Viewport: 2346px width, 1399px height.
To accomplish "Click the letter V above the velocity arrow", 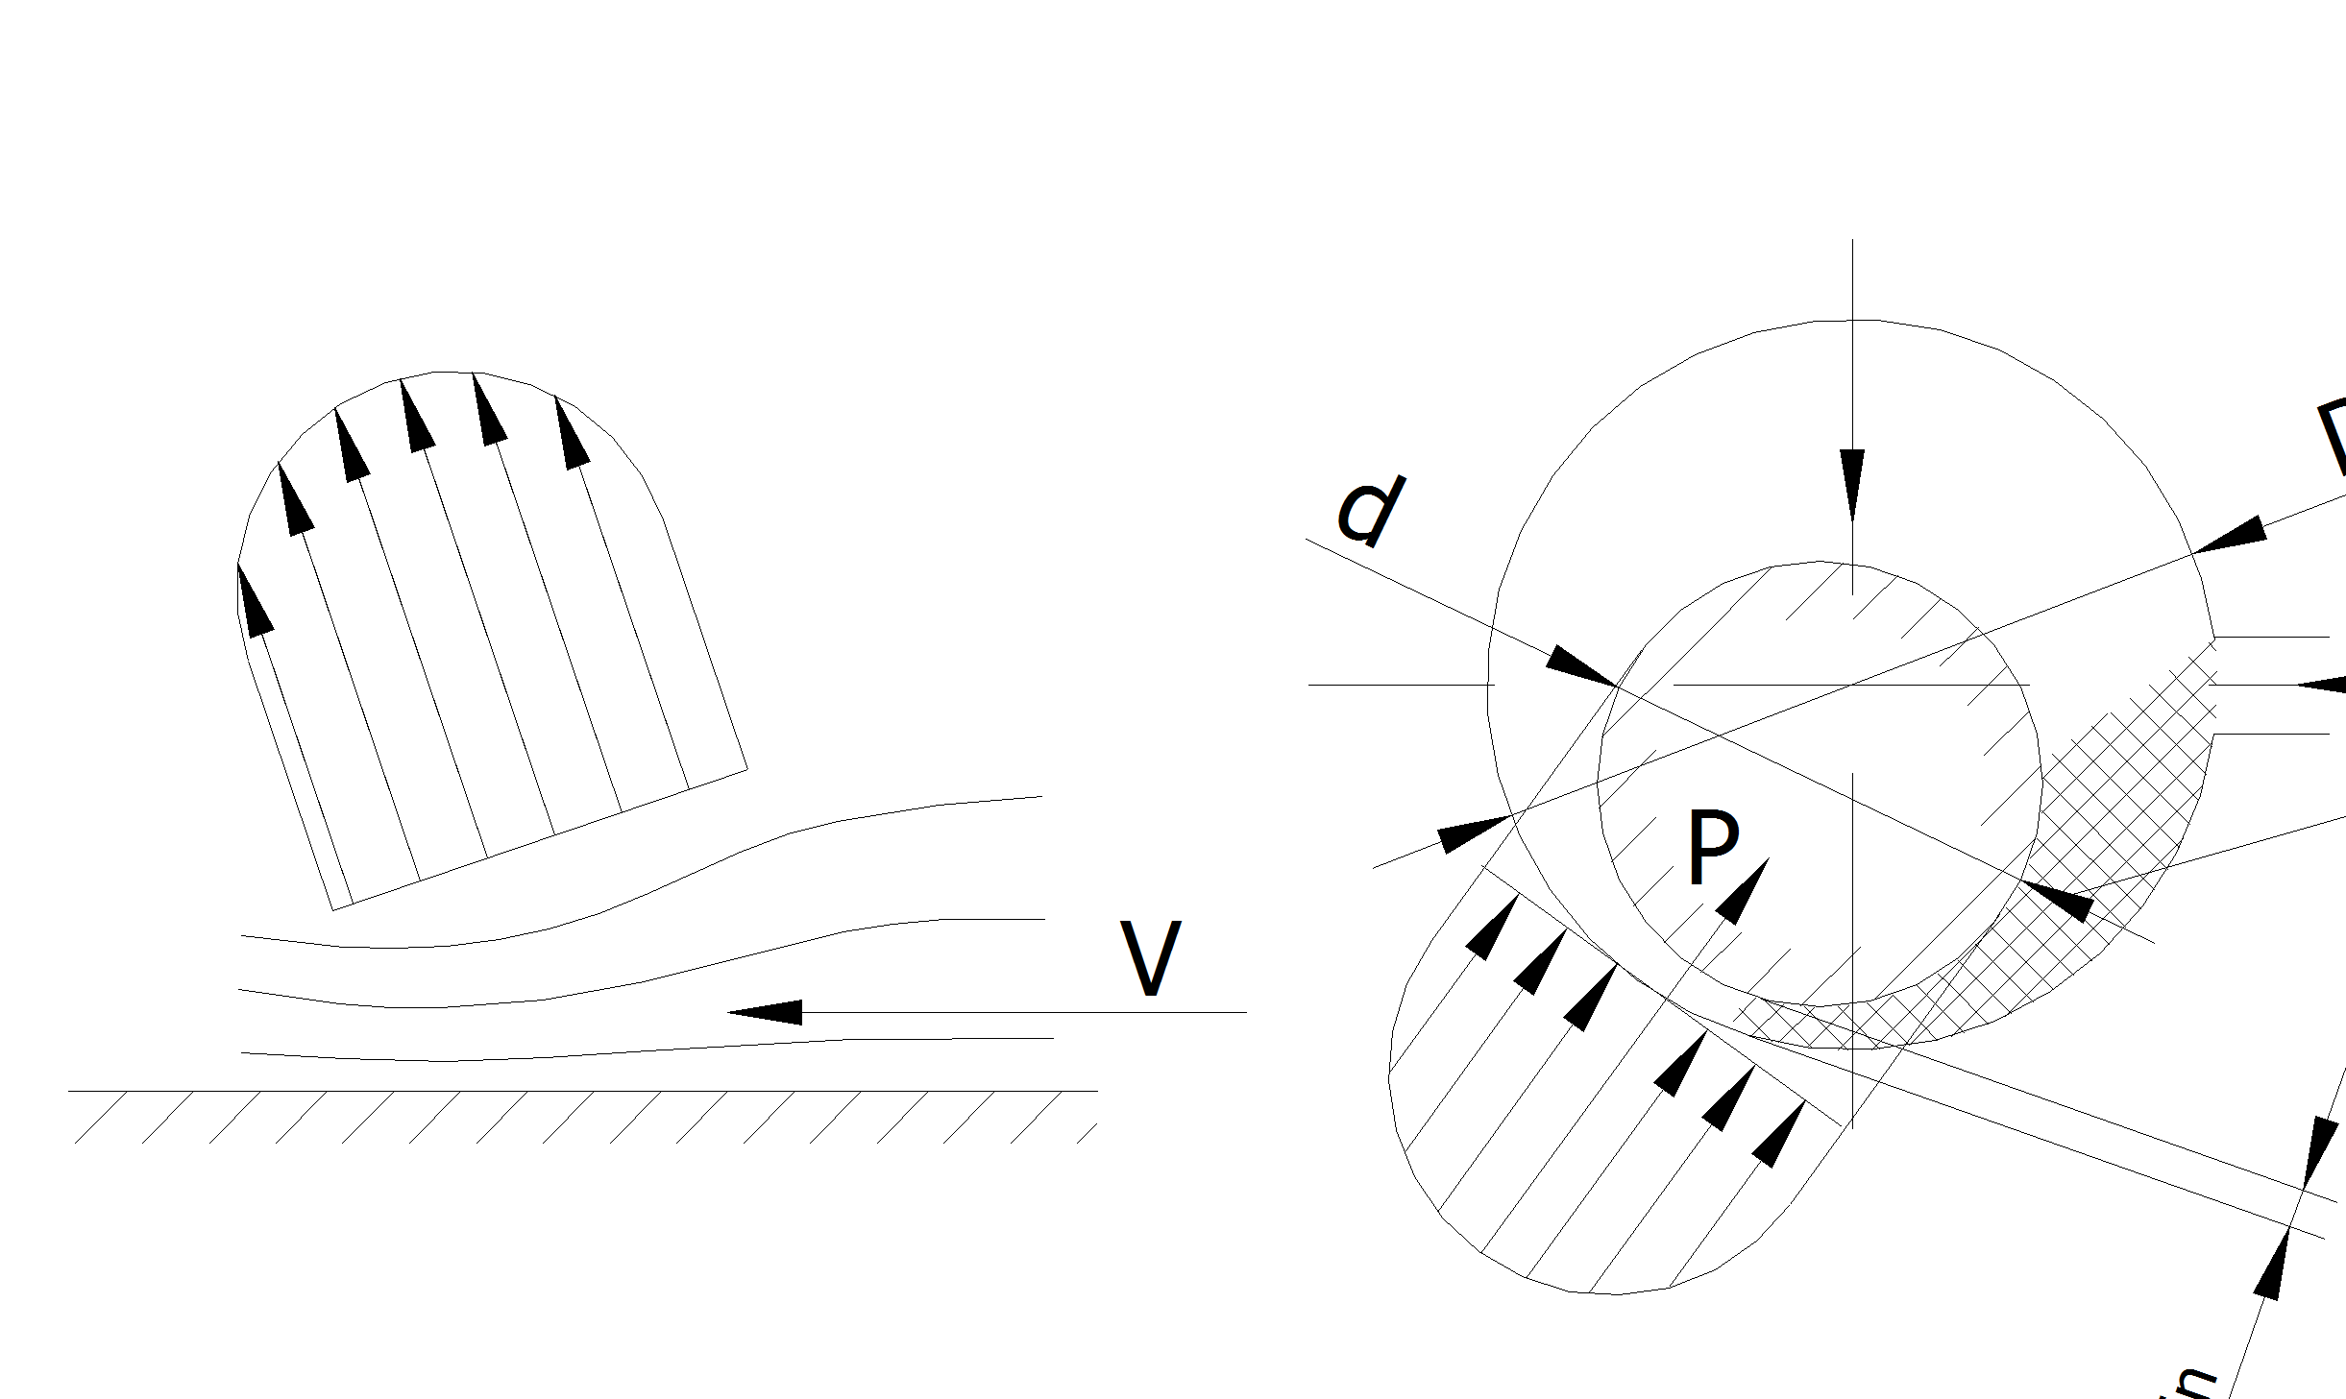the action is [x=1150, y=959].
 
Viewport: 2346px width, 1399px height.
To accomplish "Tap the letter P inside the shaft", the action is [x=1713, y=847].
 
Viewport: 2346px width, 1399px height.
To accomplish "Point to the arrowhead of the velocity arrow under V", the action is [x=765, y=1012].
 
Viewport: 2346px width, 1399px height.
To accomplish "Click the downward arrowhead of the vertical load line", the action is [x=1852, y=485].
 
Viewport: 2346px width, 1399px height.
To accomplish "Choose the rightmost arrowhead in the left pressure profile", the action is [x=572, y=434].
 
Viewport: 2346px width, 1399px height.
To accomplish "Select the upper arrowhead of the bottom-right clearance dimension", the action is [x=2317, y=1152].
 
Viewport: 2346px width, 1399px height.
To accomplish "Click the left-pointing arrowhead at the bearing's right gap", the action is [x=2320, y=685].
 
